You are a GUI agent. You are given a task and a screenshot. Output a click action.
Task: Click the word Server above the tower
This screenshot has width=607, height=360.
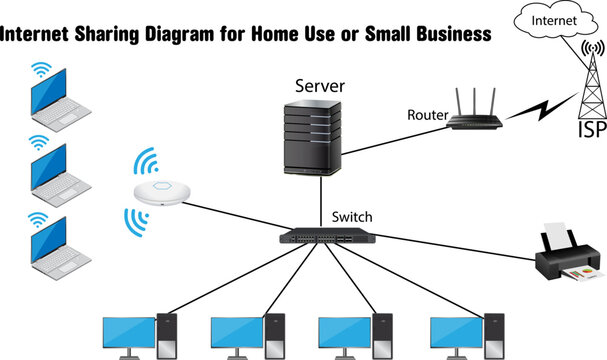tap(319, 86)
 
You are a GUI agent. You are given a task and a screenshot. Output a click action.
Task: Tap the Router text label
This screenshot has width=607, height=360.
tap(427, 115)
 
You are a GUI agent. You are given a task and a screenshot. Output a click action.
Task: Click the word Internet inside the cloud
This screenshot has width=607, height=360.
tap(554, 20)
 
